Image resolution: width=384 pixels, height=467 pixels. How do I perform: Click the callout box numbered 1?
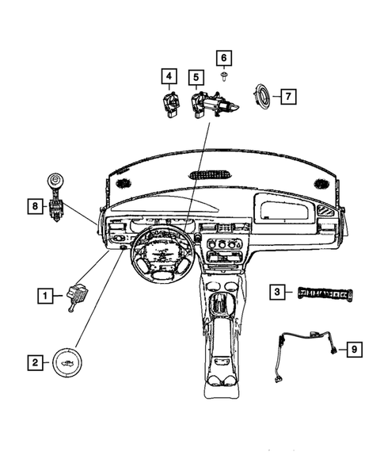[x=47, y=297]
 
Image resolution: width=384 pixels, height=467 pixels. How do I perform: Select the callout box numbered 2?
[x=34, y=363]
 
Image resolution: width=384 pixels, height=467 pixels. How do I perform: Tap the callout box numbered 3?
[x=277, y=292]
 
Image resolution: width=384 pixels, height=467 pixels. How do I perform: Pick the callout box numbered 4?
[x=169, y=77]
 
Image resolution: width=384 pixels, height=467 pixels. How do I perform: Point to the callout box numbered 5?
[x=196, y=77]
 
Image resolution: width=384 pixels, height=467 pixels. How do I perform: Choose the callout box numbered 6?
[x=224, y=58]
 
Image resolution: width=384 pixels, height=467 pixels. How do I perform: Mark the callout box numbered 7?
[x=287, y=97]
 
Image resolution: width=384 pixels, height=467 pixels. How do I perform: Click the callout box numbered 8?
[x=34, y=207]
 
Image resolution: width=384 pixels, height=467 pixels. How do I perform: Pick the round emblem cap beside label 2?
[x=67, y=363]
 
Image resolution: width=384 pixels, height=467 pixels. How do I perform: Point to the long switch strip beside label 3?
[x=324, y=293]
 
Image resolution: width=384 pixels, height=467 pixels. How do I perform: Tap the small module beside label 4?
[x=170, y=103]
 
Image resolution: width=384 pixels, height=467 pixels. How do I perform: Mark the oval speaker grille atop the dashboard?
[x=210, y=176]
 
